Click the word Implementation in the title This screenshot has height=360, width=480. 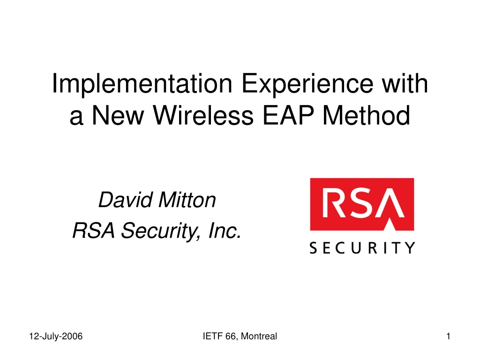coord(142,84)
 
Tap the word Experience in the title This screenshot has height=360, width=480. coord(307,84)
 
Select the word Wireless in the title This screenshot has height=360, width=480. coord(203,115)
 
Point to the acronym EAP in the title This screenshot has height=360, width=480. coord(288,115)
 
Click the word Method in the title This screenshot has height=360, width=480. coord(366,115)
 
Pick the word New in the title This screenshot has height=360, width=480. coord(118,115)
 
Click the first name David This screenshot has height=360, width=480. coord(126,200)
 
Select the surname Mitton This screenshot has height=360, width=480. coord(187,200)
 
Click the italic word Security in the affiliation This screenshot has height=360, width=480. coord(161,232)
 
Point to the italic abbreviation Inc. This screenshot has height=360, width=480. coord(225,231)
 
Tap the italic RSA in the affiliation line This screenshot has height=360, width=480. coord(94,231)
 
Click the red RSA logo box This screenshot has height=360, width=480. coord(362,204)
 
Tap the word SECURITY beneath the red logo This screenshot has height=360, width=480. coord(362,247)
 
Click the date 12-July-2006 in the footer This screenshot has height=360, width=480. coord(56,337)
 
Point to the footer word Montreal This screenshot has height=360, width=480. coord(259,336)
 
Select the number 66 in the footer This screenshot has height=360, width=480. coord(231,336)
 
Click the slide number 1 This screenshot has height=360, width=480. coord(448,336)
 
